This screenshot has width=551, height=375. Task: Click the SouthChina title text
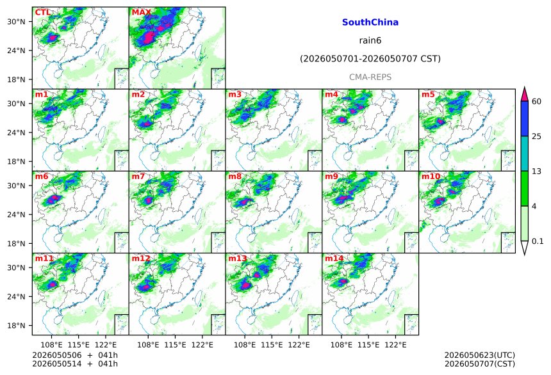[x=370, y=22]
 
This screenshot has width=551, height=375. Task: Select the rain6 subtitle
[x=370, y=40]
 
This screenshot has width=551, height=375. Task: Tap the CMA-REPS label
[x=370, y=77]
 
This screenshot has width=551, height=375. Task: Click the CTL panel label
[x=42, y=12]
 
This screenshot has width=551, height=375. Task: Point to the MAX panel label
[x=141, y=12]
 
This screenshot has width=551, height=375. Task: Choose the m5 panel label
[x=428, y=95]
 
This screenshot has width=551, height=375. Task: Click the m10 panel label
[x=431, y=176]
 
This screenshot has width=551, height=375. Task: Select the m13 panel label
[x=238, y=259]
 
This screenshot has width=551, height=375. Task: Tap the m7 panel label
[x=138, y=176]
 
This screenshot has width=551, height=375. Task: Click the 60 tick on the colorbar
[x=537, y=102]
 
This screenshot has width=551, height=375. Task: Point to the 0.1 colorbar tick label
[x=538, y=241]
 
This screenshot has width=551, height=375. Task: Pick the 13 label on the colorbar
[x=537, y=172]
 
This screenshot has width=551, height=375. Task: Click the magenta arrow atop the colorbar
[x=525, y=95]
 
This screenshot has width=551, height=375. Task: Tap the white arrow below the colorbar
[x=525, y=247]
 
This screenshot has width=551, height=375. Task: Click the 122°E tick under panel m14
[x=396, y=345]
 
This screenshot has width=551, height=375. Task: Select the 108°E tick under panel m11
[x=52, y=345]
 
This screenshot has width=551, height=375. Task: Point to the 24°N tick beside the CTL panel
[x=16, y=51]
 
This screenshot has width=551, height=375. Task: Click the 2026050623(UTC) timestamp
[x=480, y=355]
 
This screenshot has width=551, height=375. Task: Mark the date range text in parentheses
[x=370, y=59]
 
